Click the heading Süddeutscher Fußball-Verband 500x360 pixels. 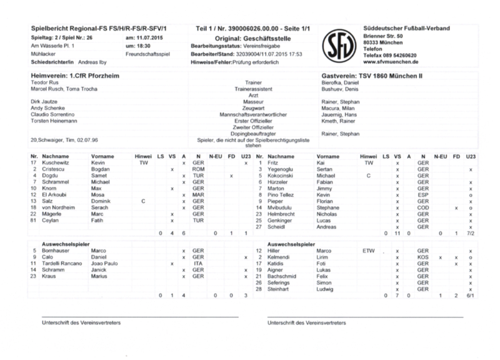405,29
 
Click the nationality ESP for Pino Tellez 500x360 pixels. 423,195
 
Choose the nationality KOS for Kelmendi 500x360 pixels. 423,257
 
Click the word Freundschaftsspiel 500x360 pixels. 147,54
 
